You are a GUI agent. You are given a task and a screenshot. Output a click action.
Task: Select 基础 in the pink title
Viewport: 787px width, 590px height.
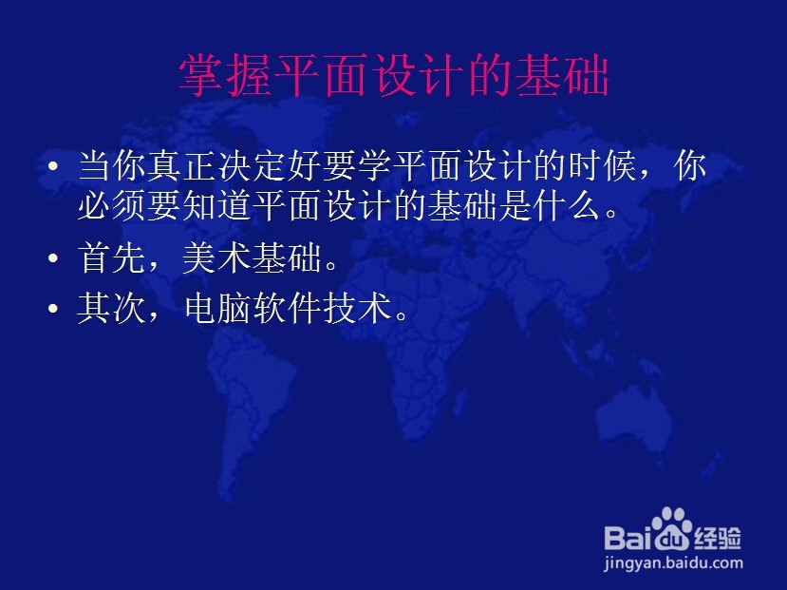pyautogui.click(x=562, y=75)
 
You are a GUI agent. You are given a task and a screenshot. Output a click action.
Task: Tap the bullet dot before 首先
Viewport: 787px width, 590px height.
pyautogui.click(x=53, y=258)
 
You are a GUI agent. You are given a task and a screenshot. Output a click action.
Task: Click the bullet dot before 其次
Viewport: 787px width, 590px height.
pyautogui.click(x=53, y=308)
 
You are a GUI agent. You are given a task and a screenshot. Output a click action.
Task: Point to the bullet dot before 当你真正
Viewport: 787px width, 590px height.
pyautogui.click(x=53, y=165)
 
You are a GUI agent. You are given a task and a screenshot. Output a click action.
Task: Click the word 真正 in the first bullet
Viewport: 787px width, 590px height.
pyautogui.click(x=181, y=165)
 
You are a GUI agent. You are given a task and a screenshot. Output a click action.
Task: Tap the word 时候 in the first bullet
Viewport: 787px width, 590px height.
pyautogui.click(x=603, y=165)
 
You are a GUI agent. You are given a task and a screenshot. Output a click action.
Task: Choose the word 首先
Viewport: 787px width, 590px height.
pyautogui.click(x=111, y=258)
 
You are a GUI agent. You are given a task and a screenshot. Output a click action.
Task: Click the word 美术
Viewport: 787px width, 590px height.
pyautogui.click(x=216, y=258)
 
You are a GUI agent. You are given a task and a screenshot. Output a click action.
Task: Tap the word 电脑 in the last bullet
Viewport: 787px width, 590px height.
pyautogui.click(x=217, y=307)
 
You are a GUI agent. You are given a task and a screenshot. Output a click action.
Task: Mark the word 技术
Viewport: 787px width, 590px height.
pyautogui.click(x=357, y=307)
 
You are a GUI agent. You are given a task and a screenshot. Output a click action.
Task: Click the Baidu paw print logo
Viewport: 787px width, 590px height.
pyautogui.click(x=672, y=529)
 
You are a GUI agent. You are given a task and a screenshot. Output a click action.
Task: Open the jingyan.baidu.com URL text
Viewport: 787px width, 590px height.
pyautogui.click(x=673, y=563)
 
